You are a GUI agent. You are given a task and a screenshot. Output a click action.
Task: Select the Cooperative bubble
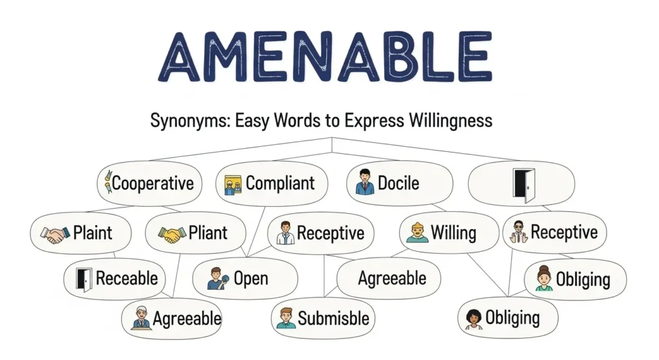pyautogui.click(x=149, y=183)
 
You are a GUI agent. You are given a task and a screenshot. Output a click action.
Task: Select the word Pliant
pyautogui.click(x=207, y=232)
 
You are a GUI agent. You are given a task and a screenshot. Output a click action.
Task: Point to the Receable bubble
pyautogui.click(x=115, y=279)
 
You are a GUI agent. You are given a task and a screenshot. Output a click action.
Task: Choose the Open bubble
pyautogui.click(x=245, y=279)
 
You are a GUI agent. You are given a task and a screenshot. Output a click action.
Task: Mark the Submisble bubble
pyautogui.click(x=322, y=317)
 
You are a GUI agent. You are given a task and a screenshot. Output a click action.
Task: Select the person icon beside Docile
pyautogui.click(x=365, y=183)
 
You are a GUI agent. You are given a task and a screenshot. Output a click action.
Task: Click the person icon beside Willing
pyautogui.click(x=417, y=232)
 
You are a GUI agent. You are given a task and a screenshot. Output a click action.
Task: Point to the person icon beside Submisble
pyautogui.click(x=285, y=318)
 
